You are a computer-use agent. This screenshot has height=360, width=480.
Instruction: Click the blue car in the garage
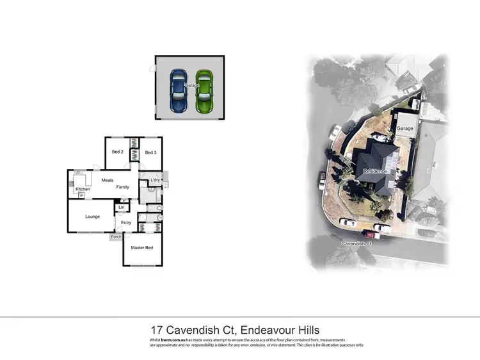(x=177, y=89)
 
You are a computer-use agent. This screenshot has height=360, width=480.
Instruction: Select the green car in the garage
(x=204, y=89)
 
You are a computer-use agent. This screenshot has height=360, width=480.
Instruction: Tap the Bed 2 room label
(x=117, y=152)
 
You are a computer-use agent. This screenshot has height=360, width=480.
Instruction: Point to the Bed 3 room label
(x=150, y=152)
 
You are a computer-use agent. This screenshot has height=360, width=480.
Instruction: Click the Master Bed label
(x=142, y=248)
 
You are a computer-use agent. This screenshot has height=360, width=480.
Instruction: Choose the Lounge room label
(x=92, y=217)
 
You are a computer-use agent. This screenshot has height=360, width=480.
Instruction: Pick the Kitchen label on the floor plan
(x=83, y=190)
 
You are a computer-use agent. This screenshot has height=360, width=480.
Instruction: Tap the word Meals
(x=107, y=180)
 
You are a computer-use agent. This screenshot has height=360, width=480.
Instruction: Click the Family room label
(x=122, y=187)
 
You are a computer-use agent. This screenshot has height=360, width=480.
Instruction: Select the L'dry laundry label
(x=154, y=181)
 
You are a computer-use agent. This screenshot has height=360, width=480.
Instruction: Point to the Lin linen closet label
(x=121, y=207)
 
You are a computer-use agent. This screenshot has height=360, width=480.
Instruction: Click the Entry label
(x=125, y=222)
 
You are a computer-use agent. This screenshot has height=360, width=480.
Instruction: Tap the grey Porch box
(x=116, y=237)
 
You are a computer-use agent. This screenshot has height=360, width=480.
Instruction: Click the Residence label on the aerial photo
(x=377, y=172)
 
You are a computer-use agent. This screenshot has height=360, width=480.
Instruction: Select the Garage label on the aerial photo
(x=405, y=129)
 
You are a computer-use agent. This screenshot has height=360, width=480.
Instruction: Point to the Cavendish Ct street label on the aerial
(x=357, y=244)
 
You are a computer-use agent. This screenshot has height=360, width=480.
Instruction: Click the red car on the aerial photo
(x=372, y=235)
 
